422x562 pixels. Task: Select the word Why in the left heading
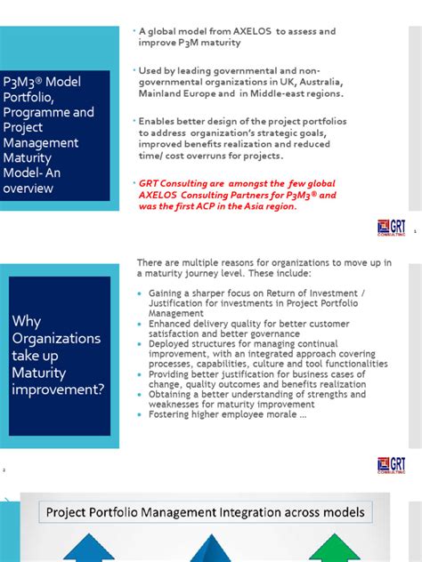click(x=26, y=321)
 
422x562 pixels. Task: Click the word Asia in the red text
click(x=256, y=206)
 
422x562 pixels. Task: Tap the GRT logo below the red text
click(x=391, y=227)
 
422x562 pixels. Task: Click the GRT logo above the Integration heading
click(x=391, y=466)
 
